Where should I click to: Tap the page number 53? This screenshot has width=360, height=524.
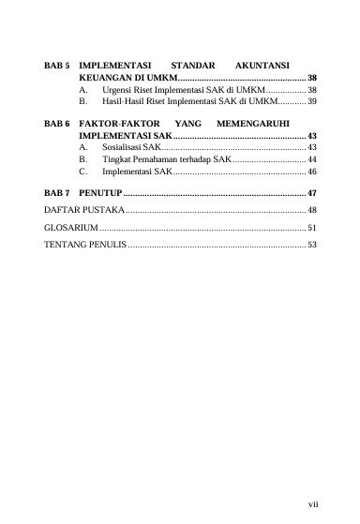(312, 245)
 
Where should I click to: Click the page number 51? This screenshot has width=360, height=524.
(312, 227)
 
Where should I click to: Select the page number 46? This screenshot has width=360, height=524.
(312, 172)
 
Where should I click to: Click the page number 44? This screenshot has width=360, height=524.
(312, 160)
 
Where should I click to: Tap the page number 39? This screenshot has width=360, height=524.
(312, 99)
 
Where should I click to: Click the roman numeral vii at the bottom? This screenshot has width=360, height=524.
(312, 504)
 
